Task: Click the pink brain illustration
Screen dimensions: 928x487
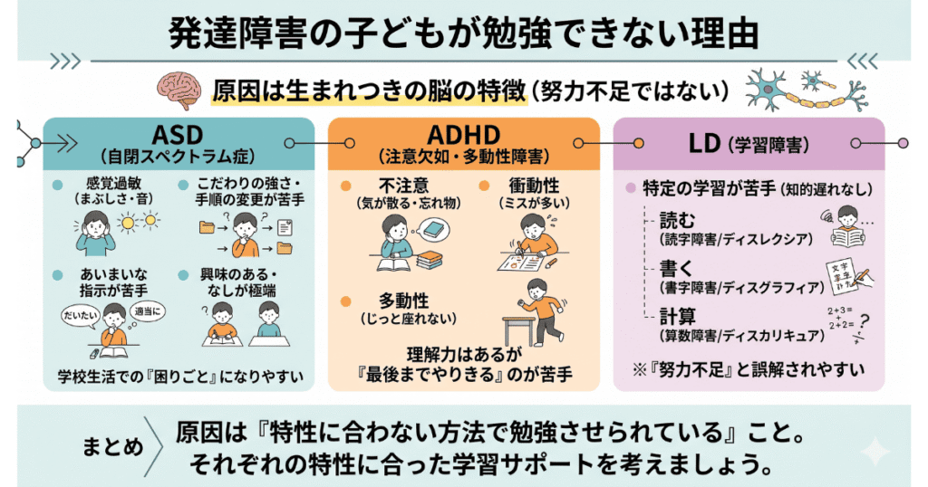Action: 179,91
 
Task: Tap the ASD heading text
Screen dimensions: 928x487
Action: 178,135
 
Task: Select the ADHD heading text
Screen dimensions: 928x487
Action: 463,135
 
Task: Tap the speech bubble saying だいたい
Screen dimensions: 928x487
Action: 80,316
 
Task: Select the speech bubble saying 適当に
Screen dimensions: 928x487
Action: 148,311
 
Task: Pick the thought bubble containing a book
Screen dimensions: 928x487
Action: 436,229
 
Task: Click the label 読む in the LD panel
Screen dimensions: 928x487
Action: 677,221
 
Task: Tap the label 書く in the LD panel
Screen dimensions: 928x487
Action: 676,269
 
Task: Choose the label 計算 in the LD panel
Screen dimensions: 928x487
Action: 678,317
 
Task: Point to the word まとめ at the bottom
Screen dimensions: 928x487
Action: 112,447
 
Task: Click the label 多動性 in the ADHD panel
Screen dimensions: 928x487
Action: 403,301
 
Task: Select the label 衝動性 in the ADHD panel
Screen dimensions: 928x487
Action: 534,186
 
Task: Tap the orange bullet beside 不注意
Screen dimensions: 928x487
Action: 345,186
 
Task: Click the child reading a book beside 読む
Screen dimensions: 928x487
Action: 848,227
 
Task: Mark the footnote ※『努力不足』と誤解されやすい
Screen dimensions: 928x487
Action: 748,370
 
